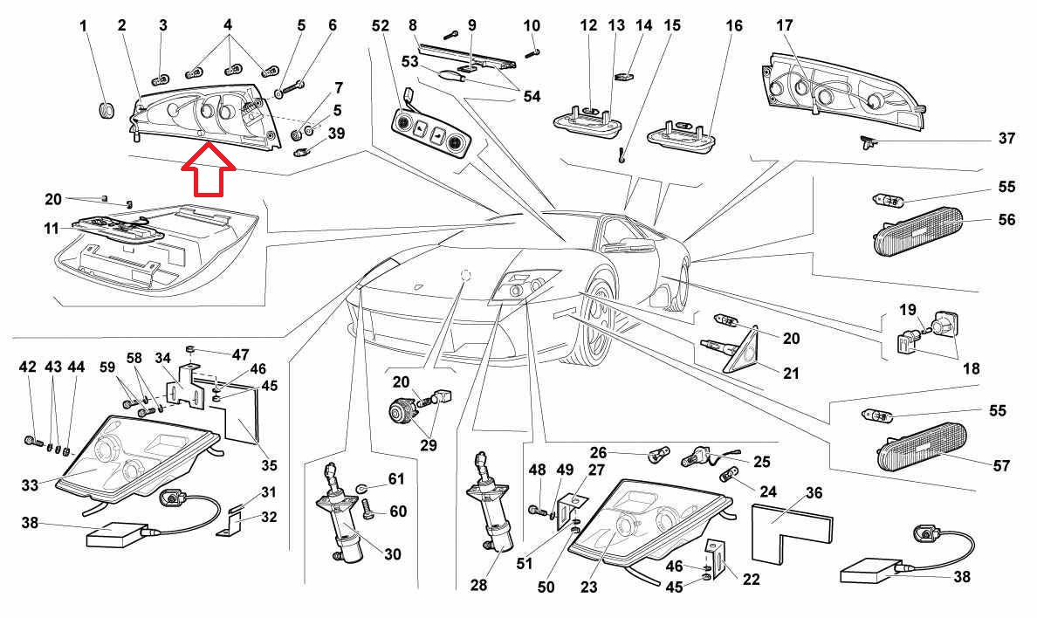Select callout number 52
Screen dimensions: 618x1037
380,27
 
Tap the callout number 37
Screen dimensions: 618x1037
1006,139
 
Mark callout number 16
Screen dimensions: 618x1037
734,26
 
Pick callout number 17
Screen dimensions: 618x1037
784,26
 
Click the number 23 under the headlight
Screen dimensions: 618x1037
589,587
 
